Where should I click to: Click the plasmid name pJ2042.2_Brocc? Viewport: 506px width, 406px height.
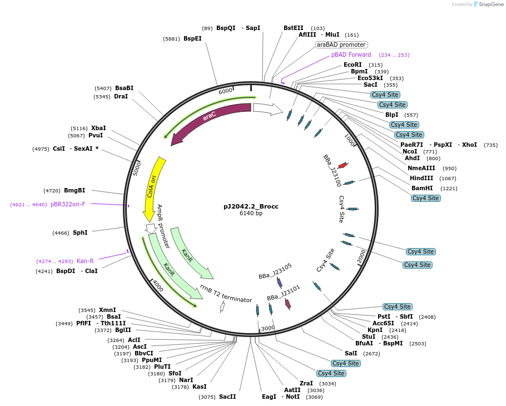click(251, 206)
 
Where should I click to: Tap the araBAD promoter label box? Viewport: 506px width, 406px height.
click(341, 44)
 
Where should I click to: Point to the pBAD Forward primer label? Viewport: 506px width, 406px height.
click(351, 55)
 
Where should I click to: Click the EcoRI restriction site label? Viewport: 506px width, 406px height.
click(353, 65)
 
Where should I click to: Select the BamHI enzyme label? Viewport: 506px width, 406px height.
click(422, 188)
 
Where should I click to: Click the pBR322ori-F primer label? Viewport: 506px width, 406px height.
click(68, 204)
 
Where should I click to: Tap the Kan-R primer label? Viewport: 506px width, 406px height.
click(85, 261)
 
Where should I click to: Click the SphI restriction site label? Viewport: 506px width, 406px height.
click(80, 232)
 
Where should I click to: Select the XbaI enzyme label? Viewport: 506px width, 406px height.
click(98, 128)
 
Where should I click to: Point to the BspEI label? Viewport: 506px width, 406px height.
click(192, 38)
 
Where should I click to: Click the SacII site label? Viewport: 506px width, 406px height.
click(227, 397)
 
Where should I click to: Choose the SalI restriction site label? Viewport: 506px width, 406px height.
click(351, 353)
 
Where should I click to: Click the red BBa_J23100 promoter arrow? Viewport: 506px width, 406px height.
click(343, 165)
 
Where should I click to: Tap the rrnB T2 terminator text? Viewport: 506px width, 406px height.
click(226, 293)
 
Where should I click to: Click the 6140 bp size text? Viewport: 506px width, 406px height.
click(251, 214)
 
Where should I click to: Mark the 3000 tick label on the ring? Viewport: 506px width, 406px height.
click(268, 328)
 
